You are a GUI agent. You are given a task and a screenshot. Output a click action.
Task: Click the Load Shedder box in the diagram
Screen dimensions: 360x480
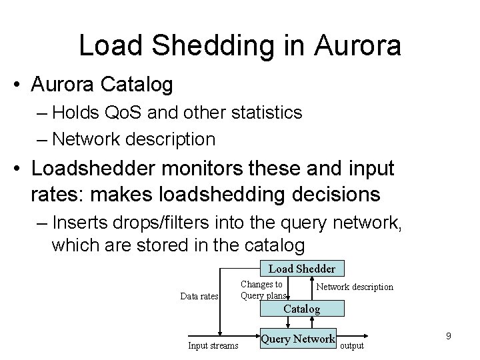[x=301, y=269]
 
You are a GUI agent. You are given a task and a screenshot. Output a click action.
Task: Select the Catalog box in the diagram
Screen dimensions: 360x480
[x=301, y=309]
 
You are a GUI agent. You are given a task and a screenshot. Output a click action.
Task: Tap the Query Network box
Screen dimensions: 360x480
[x=297, y=339]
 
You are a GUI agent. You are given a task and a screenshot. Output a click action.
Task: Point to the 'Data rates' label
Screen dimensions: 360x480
[x=199, y=296]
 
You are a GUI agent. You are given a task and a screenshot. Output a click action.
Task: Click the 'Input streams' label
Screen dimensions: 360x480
[x=213, y=345]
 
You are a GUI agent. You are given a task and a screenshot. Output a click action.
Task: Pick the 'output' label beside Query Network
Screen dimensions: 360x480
[x=352, y=345]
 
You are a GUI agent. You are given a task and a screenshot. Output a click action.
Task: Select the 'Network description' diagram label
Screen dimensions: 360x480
[x=354, y=287]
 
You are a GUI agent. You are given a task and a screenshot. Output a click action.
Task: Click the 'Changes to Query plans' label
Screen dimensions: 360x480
[x=263, y=290]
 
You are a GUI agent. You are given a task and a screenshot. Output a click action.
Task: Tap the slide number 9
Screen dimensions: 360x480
[x=449, y=336]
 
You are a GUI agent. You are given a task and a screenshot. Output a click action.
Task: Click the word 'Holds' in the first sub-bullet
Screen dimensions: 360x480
[x=76, y=112]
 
